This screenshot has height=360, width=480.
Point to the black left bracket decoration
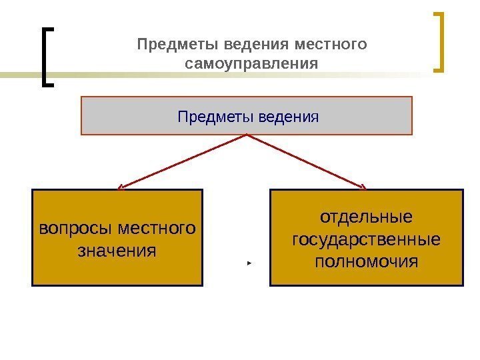[45, 57]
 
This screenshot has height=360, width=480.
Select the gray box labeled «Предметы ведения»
[247, 115]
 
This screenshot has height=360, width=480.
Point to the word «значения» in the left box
[117, 251]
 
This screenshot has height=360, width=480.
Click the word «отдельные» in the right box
[366, 218]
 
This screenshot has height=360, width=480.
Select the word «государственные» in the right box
[366, 239]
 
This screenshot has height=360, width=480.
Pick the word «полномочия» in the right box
[366, 260]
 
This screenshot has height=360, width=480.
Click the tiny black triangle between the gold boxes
[248, 264]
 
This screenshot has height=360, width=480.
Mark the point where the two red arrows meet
[247, 135]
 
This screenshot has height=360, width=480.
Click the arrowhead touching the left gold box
[121, 187]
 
